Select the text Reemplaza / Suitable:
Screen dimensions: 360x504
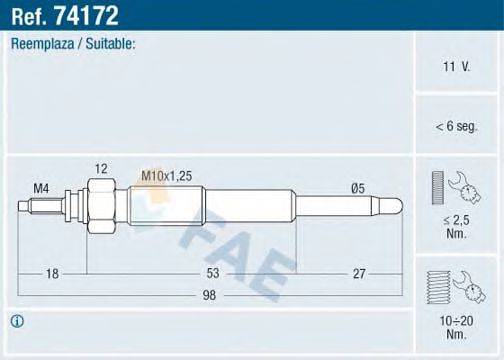[73, 45]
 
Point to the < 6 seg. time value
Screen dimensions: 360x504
[456, 126]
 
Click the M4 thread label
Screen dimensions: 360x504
[41, 187]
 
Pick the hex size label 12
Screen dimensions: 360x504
[100, 168]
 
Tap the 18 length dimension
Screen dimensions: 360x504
[51, 272]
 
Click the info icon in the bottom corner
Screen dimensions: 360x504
[17, 321]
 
